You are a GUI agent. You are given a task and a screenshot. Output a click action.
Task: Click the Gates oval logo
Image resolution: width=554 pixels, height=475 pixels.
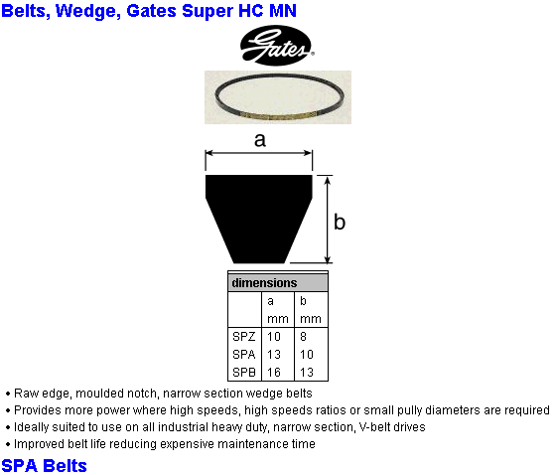tap(277, 46)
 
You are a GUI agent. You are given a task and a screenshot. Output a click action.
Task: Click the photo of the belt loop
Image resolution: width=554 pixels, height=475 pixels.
tap(278, 97)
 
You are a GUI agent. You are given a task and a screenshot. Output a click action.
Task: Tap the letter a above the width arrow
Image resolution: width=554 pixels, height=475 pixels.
tap(260, 140)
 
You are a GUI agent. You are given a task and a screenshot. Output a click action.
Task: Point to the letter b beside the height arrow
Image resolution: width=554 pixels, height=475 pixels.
tap(340, 222)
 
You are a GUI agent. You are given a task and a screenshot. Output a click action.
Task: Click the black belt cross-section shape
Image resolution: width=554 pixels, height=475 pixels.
tap(258, 219)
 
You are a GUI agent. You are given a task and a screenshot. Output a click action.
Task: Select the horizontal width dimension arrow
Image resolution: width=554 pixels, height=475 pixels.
tap(258, 153)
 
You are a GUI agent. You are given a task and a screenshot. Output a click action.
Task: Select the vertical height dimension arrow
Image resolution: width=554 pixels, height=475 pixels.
tap(328, 220)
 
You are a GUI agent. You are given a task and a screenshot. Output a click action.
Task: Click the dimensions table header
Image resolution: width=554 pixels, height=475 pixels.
tap(278, 283)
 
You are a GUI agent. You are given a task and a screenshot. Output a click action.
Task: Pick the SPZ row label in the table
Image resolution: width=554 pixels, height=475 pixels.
tap(244, 336)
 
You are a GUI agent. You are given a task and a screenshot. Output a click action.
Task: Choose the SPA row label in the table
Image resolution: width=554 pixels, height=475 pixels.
tap(244, 354)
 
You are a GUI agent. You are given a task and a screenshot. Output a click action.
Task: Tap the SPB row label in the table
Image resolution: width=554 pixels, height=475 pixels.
tap(244, 372)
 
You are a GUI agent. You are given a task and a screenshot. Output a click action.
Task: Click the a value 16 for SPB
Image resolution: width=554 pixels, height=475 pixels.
tap(274, 372)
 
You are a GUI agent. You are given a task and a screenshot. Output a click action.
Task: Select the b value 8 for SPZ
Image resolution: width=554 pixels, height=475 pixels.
tap(303, 336)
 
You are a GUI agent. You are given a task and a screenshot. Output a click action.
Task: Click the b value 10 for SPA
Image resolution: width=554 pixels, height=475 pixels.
tap(307, 354)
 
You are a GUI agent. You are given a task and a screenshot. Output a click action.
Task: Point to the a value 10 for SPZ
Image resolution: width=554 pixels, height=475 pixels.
tap(274, 336)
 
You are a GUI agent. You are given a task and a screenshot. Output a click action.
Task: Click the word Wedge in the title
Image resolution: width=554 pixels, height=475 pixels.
tap(85, 11)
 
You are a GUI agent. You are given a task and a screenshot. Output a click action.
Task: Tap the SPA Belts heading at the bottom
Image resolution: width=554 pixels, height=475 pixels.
tap(44, 465)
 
